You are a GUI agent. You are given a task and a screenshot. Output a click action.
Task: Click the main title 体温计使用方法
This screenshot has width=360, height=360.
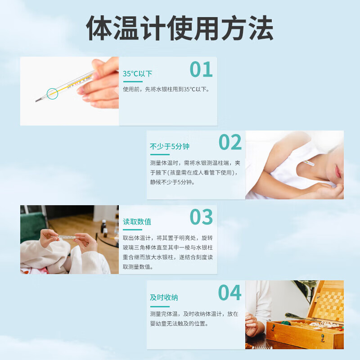click(180, 28)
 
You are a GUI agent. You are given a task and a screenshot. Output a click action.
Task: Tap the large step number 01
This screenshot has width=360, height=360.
click(201, 69)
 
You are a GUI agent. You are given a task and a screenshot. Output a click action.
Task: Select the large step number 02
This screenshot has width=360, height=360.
click(230, 142)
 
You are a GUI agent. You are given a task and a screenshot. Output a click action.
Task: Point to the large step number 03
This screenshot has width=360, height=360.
click(201, 217)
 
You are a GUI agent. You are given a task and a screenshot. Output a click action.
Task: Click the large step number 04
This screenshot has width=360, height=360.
click(229, 292)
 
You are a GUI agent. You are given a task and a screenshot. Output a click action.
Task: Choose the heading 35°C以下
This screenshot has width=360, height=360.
click(137, 74)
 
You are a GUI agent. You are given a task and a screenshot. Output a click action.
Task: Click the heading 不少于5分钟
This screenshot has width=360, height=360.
click(170, 146)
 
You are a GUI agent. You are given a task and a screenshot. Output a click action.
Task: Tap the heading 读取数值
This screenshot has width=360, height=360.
click(137, 221)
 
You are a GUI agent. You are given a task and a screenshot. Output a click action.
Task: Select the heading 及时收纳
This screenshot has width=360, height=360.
click(164, 297)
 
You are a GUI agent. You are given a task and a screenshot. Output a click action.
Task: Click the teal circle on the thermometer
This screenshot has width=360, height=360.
click(52, 94)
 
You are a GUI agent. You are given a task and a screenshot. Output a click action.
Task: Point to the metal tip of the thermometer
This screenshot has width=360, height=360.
click(39, 100)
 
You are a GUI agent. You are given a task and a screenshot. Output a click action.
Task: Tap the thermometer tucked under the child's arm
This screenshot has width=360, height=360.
click(308, 163)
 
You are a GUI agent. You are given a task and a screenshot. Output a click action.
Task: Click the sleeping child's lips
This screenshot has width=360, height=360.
click(338, 171)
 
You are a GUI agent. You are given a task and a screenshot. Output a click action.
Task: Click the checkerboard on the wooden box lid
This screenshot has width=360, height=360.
click(330, 303)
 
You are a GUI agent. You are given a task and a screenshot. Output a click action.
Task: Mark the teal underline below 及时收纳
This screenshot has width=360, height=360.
click(160, 306)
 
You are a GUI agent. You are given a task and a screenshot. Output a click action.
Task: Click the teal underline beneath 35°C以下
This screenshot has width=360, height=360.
click(133, 81)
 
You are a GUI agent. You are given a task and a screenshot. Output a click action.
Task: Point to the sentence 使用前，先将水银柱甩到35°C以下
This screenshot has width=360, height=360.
click(166, 89)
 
